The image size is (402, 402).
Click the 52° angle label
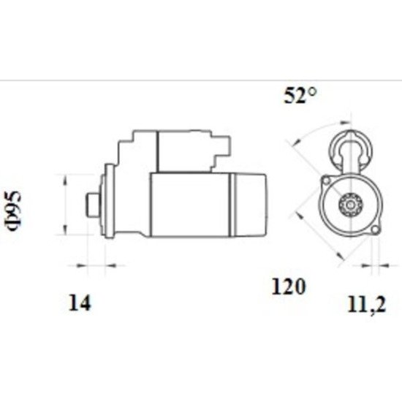(300, 95)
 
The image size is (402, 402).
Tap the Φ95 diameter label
(12, 211)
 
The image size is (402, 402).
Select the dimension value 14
(80, 303)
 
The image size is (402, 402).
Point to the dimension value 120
(289, 287)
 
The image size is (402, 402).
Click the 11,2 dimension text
(366, 306)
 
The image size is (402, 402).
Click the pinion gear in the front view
(350, 205)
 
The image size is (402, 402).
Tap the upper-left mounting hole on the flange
(326, 181)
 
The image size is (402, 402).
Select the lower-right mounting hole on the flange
(375, 230)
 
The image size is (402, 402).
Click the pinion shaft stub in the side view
(93, 205)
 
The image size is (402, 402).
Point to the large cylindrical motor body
(191, 205)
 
